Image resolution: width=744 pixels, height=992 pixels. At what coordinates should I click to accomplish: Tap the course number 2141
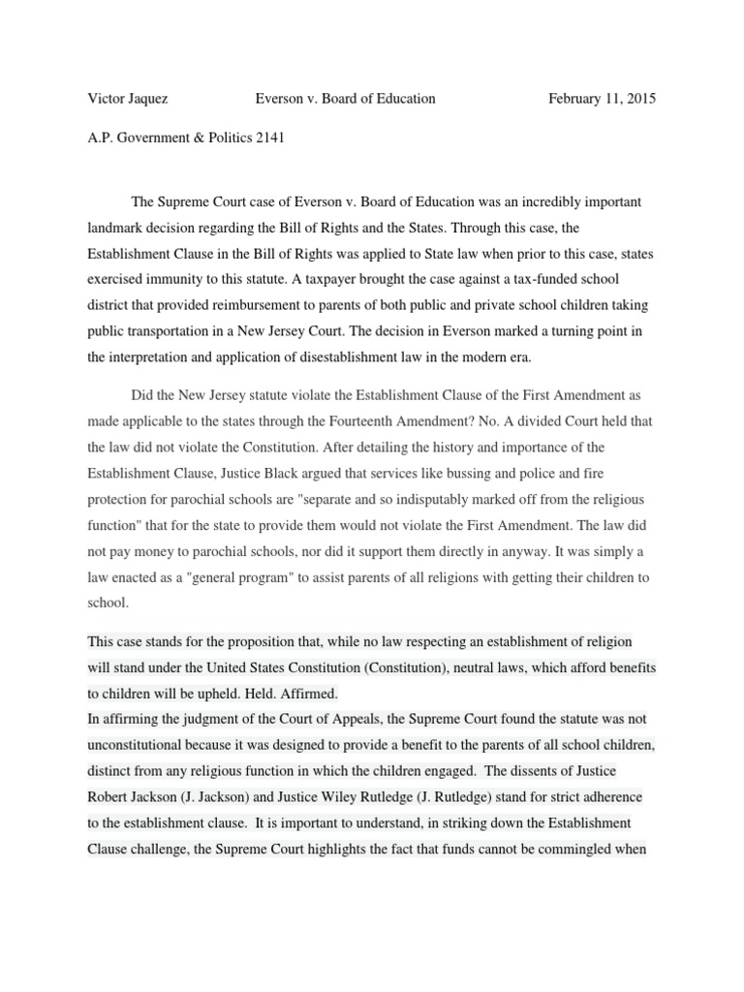click(x=265, y=138)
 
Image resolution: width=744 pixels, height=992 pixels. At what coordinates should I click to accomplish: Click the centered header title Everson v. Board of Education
click(x=345, y=98)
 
